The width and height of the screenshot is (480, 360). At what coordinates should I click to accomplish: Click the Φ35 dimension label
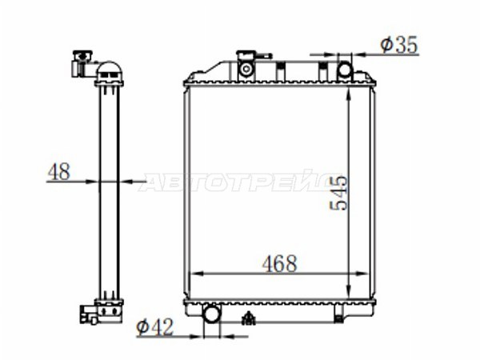pos(398,45)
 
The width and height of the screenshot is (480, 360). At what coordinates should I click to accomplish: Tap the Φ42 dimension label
pos(155,327)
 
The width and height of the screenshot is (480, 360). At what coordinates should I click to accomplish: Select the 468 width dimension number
pos(279,263)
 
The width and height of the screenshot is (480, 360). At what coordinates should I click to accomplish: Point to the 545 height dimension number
pos(338,193)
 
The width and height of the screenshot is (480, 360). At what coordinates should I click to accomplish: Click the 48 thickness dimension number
pos(58,171)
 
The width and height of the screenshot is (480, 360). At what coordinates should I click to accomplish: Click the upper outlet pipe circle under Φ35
pos(345,70)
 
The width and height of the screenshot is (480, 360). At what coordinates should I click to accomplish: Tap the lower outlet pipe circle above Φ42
pos(211,314)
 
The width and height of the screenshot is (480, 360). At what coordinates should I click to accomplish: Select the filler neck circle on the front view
pos(246,70)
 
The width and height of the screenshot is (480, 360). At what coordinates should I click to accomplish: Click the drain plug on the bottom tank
pos(249,318)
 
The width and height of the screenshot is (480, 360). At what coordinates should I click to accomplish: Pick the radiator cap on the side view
pos(82,56)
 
